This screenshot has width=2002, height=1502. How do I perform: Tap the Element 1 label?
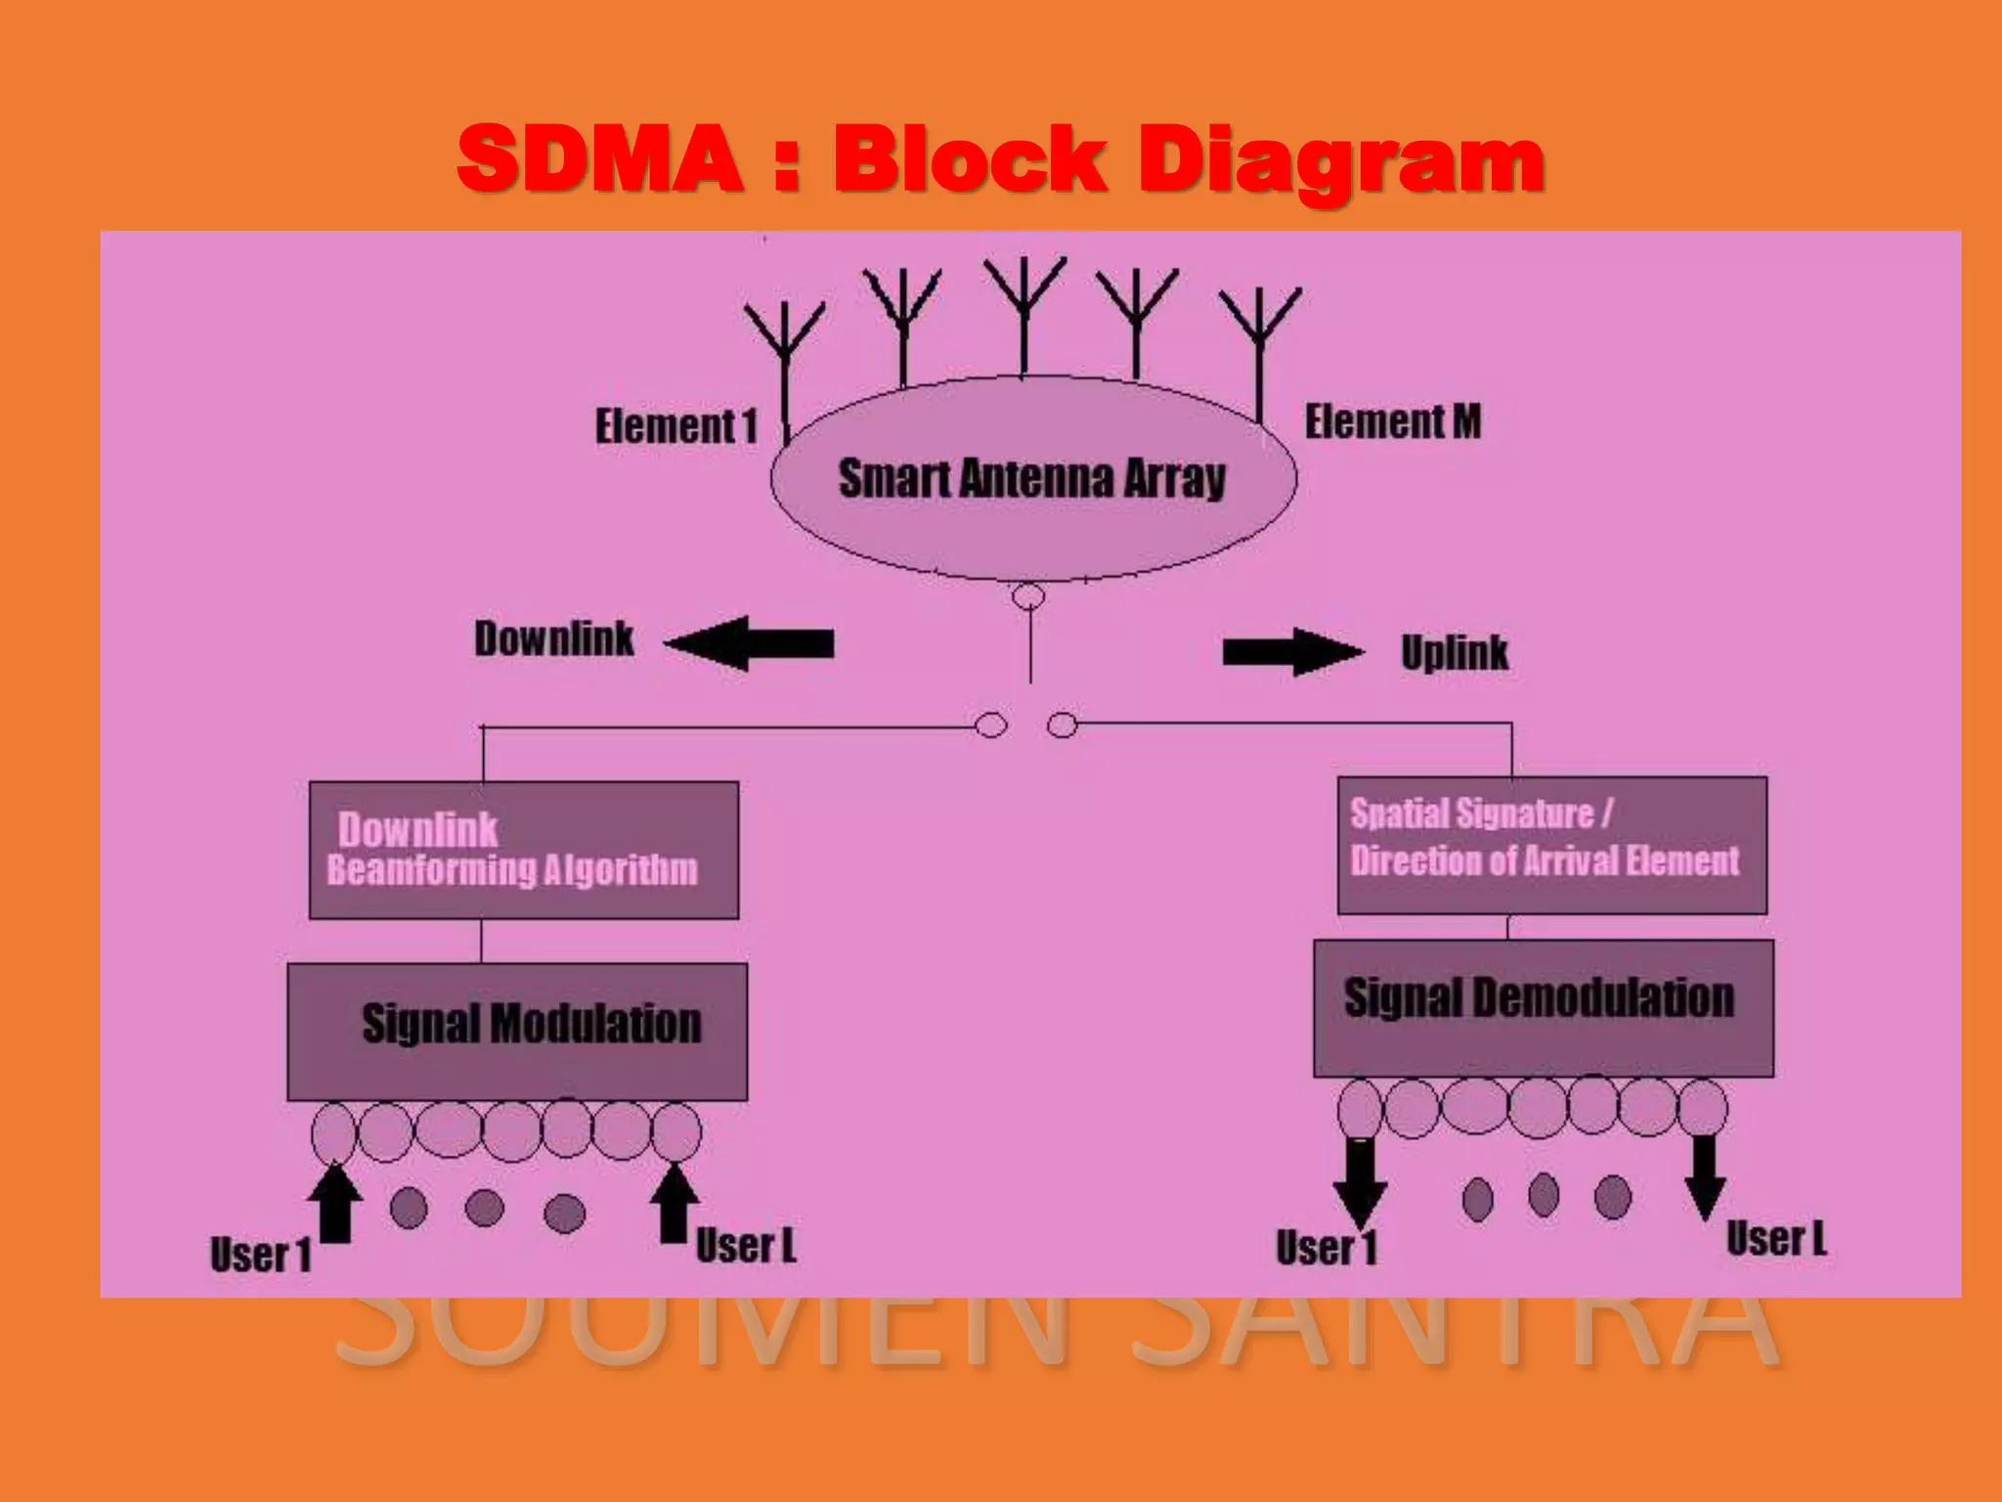tap(676, 426)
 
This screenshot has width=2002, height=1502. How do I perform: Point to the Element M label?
tap(1392, 421)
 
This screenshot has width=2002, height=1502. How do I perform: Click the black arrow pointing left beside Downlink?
tap(749, 643)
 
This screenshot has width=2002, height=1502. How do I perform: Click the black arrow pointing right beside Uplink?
tap(1292, 652)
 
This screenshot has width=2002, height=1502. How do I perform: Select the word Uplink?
tap(1454, 652)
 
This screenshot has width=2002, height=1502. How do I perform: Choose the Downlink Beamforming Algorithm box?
tap(523, 849)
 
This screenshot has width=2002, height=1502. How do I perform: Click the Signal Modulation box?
tap(517, 1031)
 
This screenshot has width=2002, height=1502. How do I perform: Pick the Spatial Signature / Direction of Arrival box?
tap(1551, 845)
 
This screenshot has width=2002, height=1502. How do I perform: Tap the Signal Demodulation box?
tap(1543, 1007)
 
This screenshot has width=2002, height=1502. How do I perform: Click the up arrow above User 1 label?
tap(334, 1203)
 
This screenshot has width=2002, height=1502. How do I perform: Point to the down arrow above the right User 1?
tap(1359, 1181)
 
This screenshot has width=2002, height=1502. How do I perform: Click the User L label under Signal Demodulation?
tap(1775, 1239)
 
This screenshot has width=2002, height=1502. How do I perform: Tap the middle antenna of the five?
tap(1023, 313)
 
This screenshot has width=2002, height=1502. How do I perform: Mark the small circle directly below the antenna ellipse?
tap(1027, 596)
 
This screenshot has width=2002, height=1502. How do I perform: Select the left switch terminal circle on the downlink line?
tap(990, 726)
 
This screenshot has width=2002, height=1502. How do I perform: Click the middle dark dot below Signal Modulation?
tap(484, 1208)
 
